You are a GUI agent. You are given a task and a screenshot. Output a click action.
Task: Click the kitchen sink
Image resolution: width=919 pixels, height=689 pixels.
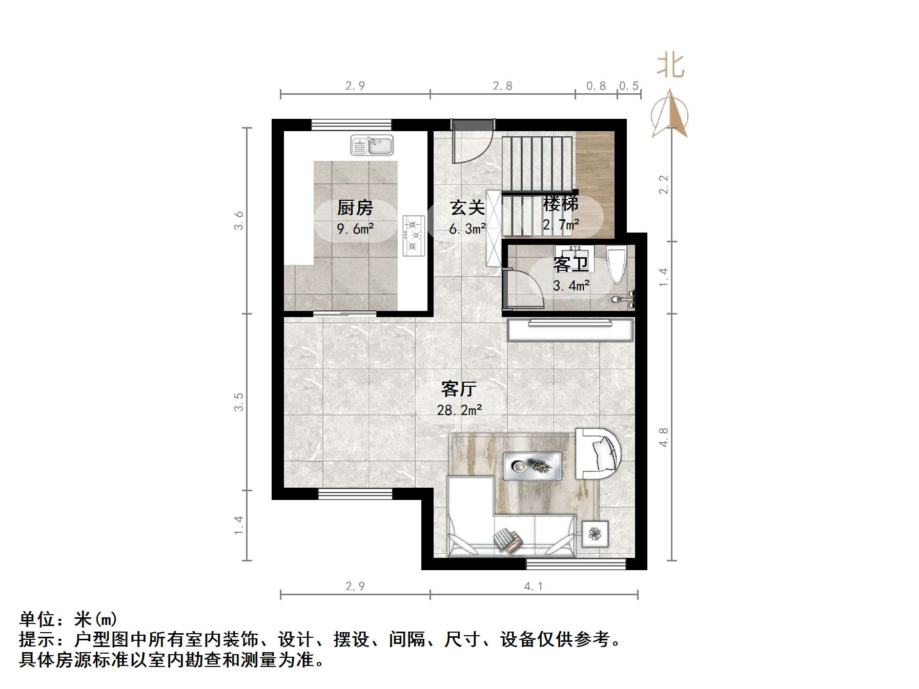[372, 145]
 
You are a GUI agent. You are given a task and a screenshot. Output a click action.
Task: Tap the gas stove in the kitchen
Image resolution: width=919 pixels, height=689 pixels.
[414, 235]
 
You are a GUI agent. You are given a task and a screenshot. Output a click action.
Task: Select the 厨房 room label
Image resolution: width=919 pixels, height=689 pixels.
[355, 207]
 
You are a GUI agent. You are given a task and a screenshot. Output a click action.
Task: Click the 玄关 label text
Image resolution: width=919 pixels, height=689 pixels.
[467, 207]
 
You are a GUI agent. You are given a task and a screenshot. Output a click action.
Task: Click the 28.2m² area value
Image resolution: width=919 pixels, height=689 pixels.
[459, 410]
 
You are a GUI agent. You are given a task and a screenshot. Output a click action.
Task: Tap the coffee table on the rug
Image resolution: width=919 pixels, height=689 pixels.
[532, 466]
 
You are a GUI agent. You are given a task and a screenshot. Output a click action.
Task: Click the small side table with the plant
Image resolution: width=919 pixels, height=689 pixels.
[595, 534]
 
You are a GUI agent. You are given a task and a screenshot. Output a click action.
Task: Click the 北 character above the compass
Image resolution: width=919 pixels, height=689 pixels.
[670, 66]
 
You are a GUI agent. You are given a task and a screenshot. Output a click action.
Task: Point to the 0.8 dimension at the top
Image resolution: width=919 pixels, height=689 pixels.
[596, 86]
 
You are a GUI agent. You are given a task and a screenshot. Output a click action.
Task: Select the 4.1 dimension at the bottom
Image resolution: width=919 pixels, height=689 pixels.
[533, 586]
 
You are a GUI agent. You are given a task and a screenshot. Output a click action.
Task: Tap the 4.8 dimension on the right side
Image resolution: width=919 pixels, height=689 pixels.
[663, 437]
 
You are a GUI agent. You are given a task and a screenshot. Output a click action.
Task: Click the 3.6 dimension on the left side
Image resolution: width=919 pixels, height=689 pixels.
[239, 220]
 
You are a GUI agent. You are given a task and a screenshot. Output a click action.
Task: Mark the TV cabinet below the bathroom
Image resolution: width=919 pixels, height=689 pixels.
[570, 329]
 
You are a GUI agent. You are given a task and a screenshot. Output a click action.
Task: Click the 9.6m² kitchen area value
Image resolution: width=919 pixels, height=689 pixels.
[355, 228]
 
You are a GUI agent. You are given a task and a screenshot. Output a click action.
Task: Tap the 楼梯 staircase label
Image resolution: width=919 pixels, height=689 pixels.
[561, 203]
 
